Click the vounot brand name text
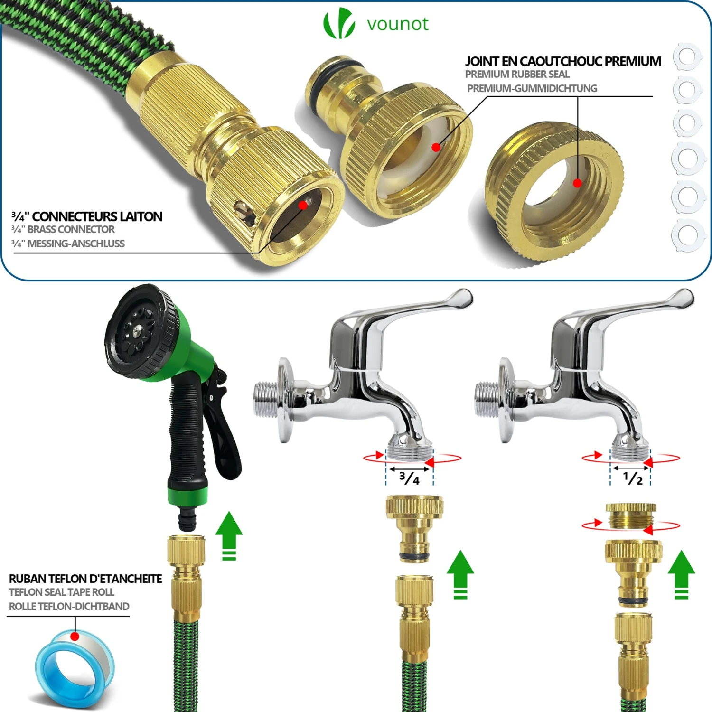point(398,24)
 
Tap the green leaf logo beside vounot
point(339,23)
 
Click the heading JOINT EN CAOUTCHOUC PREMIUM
point(563,61)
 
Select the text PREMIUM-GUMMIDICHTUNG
point(532,88)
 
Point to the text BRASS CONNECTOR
point(71,230)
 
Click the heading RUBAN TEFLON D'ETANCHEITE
point(85,579)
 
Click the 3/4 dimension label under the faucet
point(410,478)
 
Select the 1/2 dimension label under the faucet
point(633,478)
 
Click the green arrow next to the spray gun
point(229,535)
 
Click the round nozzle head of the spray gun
point(139,331)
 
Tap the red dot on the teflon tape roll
point(75,636)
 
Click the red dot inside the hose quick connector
point(302,205)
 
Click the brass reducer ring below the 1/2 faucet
point(631,516)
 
